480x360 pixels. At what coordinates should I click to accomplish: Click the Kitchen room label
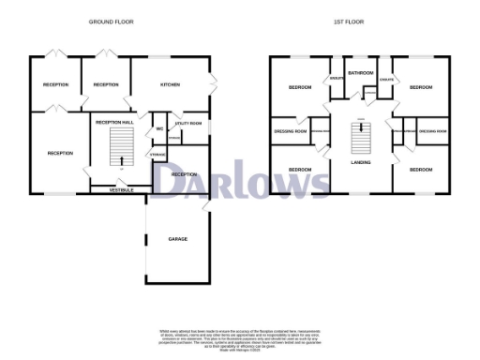(170, 85)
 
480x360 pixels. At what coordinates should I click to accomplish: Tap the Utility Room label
(187, 124)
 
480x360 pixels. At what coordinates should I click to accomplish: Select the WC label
(159, 128)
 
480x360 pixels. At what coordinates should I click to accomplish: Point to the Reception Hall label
(115, 122)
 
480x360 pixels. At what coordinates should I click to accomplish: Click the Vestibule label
(120, 190)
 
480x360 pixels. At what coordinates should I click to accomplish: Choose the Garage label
(177, 239)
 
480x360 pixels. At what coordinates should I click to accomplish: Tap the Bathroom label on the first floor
(361, 72)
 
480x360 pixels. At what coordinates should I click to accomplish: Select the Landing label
(360, 162)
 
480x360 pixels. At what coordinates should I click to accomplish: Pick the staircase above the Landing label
(360, 141)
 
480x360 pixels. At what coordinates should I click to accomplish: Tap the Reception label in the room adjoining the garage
(184, 174)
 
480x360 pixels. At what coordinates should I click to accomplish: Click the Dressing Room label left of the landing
(291, 132)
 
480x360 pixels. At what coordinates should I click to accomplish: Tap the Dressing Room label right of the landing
(432, 132)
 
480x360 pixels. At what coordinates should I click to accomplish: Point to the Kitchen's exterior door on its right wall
(214, 79)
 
